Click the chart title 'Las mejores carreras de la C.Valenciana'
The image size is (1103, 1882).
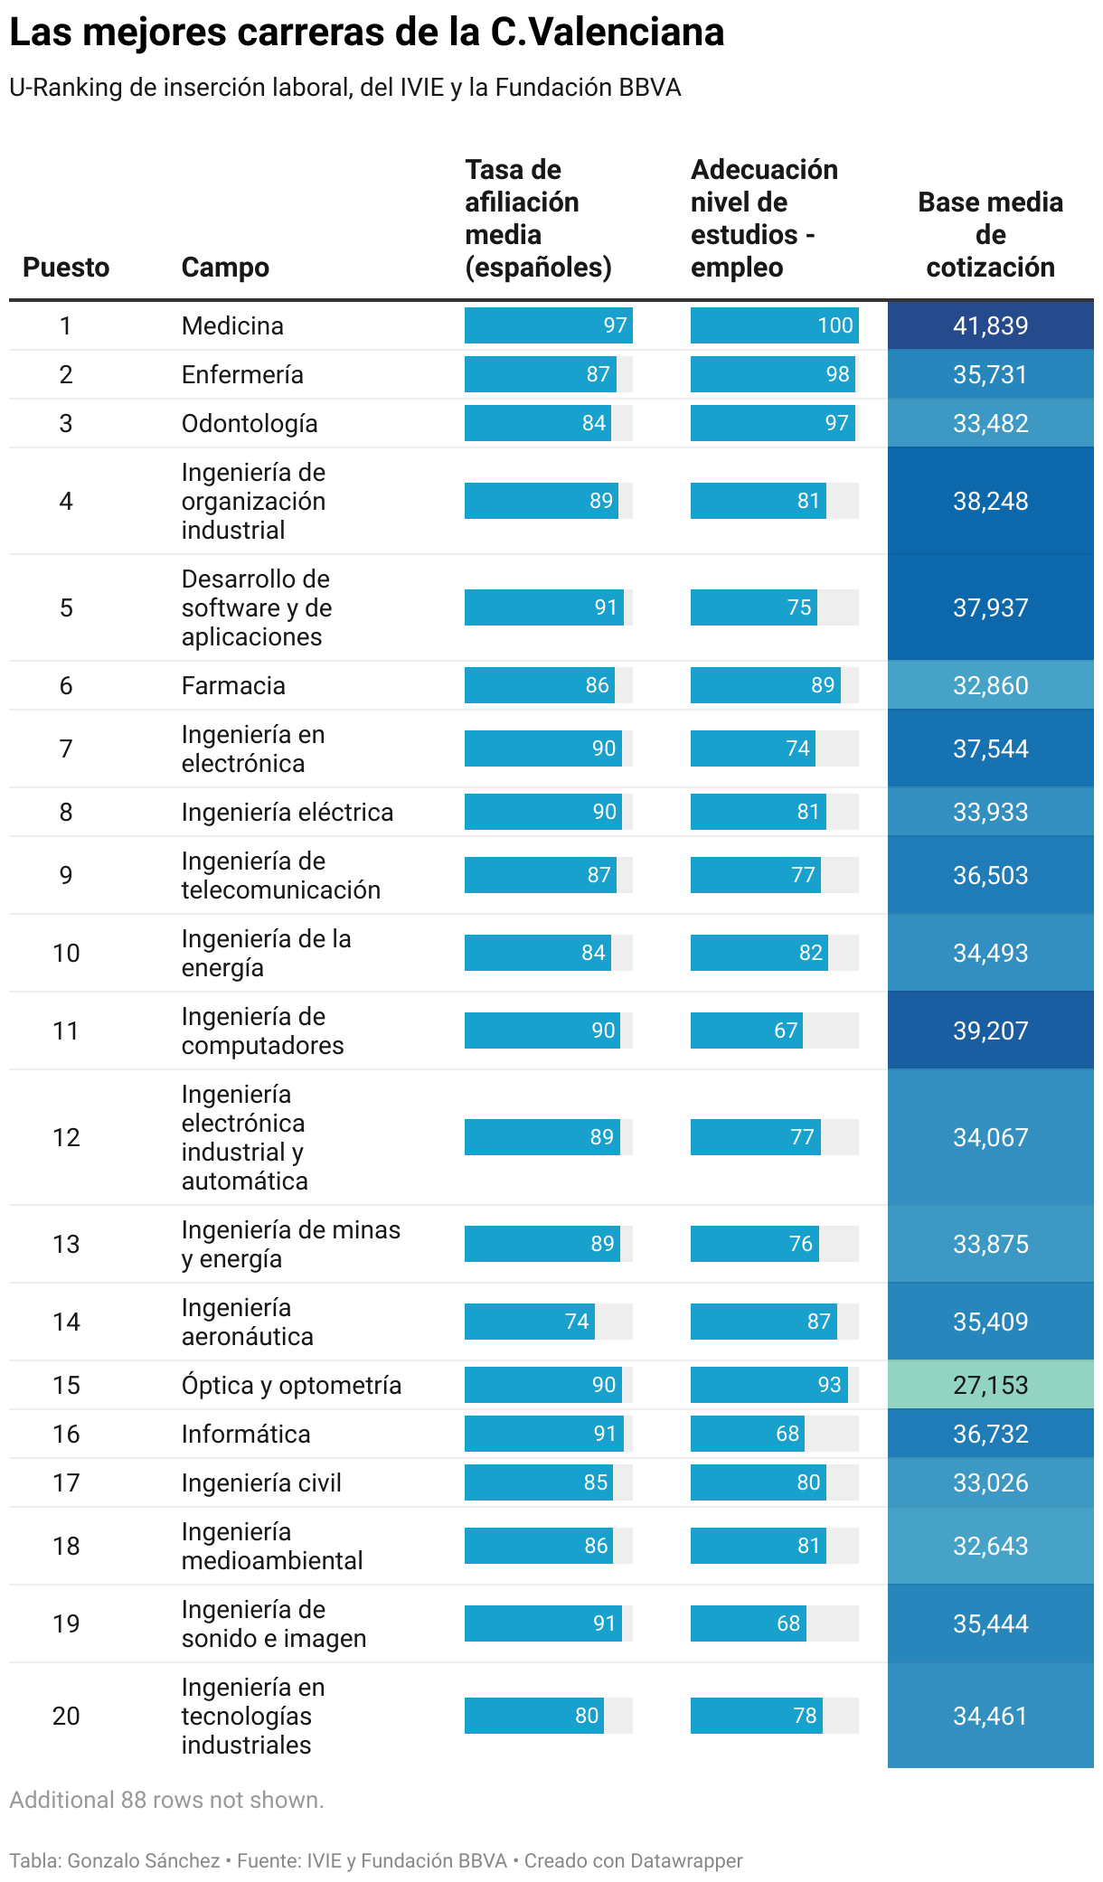[366, 33]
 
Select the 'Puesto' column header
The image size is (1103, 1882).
[66, 268]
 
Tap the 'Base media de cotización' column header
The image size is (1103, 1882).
[990, 235]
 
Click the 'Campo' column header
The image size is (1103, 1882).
[225, 268]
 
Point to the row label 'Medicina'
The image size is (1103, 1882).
[232, 325]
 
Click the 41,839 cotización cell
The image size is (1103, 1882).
[990, 325]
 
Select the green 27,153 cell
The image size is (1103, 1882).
[990, 1385]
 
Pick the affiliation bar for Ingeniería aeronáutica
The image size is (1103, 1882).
[530, 1322]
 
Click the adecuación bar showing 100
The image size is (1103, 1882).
[774, 325]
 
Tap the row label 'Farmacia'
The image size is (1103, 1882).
[233, 685]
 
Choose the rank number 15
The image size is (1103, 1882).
[66, 1385]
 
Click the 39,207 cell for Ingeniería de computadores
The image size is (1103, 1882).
[990, 1030]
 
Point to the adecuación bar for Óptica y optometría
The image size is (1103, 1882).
[768, 1385]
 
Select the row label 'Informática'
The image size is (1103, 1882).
[246, 1434]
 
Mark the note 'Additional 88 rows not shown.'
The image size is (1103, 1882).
[166, 1800]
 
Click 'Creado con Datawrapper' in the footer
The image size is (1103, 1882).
[633, 1860]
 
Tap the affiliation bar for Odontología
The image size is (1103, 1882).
[537, 423]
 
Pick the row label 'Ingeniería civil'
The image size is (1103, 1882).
[261, 1482]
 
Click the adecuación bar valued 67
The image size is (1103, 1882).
[746, 1030]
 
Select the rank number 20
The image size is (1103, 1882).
[66, 1716]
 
